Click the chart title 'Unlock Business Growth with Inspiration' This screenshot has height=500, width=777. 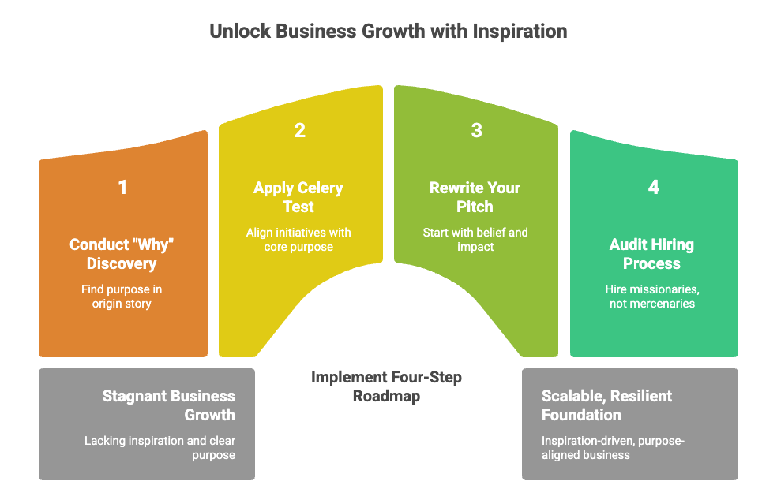click(x=388, y=32)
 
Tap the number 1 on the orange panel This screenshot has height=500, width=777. click(x=122, y=188)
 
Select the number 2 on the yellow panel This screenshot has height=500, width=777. click(x=300, y=131)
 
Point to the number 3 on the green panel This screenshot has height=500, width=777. click(x=476, y=131)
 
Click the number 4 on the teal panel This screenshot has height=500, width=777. click(x=654, y=188)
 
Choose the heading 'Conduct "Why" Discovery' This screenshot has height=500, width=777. click(x=122, y=253)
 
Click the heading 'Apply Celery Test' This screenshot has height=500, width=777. click(x=298, y=197)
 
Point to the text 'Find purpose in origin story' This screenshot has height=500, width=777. click(x=122, y=297)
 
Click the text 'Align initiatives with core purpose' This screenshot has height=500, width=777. click(x=298, y=240)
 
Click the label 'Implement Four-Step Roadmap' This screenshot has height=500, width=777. click(x=387, y=386)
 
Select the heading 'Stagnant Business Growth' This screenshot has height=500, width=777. click(x=168, y=405)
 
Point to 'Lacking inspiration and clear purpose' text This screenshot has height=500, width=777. click(x=160, y=448)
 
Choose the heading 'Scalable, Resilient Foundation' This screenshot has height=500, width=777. click(x=606, y=405)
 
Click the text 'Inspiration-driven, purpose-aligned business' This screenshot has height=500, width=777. click(x=613, y=448)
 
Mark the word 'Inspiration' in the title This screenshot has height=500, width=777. click(x=520, y=32)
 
